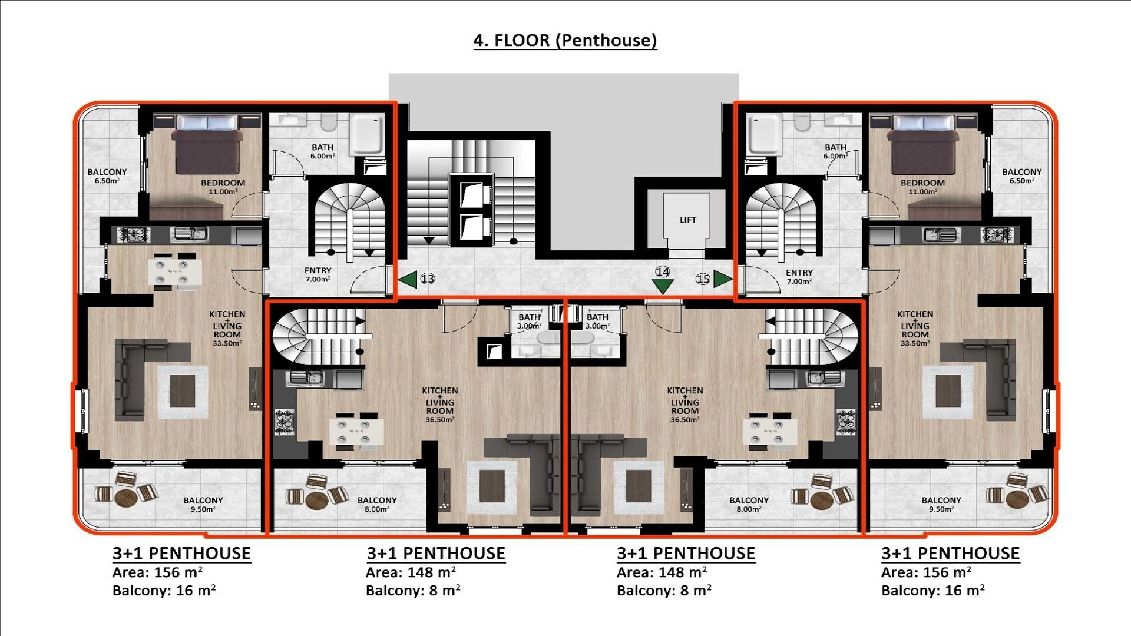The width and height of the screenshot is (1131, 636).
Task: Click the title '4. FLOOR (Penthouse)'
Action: (x=565, y=40)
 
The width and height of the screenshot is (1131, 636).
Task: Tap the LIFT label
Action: (x=687, y=220)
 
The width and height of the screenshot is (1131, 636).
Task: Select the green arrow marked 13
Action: (x=408, y=279)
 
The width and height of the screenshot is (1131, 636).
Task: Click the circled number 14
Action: (x=663, y=271)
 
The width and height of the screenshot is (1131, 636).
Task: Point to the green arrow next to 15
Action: (x=722, y=279)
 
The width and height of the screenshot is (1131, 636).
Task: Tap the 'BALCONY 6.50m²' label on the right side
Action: (x=1021, y=176)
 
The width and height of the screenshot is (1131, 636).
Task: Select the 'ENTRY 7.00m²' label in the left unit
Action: (x=318, y=275)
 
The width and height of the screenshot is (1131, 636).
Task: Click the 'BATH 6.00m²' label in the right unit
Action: (x=835, y=151)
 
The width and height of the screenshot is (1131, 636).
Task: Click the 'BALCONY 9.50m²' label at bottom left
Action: (x=203, y=505)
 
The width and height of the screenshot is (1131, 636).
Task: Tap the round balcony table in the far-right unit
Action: (x=1017, y=499)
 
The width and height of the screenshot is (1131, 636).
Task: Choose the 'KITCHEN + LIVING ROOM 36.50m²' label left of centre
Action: (x=439, y=405)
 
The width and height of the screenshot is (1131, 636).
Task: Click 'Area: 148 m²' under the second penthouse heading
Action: (x=411, y=572)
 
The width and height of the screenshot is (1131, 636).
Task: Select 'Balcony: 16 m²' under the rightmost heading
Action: (x=932, y=591)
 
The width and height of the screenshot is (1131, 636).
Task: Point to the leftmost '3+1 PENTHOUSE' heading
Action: (x=181, y=554)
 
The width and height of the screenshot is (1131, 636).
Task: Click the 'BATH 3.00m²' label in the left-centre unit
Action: (x=529, y=322)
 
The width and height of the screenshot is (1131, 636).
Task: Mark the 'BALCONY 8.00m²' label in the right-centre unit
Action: (x=749, y=505)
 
